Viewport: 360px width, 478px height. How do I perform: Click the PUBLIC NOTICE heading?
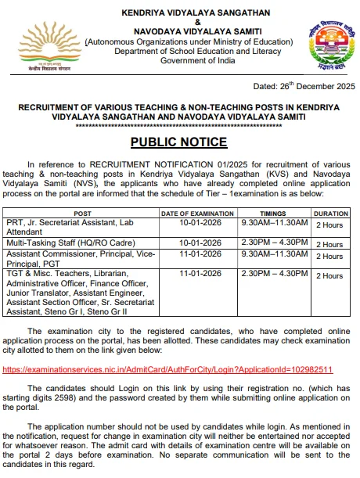pos(178,142)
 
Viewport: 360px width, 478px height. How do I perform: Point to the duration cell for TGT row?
pos(329,276)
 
